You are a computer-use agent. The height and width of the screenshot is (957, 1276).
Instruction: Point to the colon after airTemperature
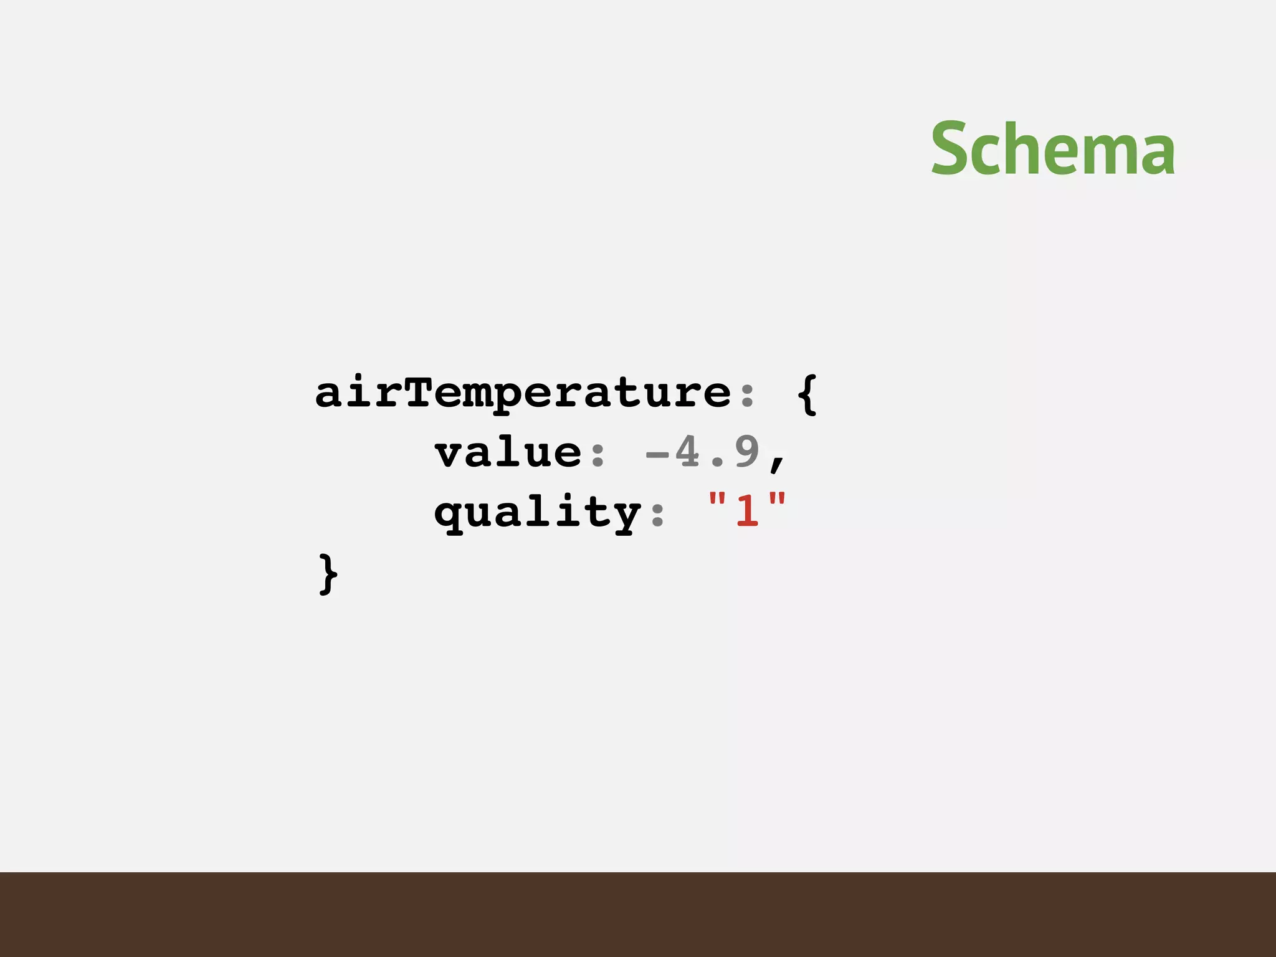click(747, 395)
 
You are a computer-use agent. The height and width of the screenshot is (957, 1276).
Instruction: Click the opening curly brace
click(807, 394)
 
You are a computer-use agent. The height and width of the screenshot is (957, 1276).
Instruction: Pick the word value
click(508, 452)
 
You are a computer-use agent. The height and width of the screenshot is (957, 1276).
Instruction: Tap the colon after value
click(598, 455)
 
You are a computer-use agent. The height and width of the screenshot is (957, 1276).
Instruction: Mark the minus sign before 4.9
click(657, 455)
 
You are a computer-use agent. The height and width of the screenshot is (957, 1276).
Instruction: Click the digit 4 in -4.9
click(687, 452)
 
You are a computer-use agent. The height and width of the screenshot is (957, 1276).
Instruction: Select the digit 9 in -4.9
click(746, 452)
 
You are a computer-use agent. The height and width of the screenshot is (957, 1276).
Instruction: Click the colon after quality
click(657, 515)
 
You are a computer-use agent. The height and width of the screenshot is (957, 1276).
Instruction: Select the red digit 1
click(747, 510)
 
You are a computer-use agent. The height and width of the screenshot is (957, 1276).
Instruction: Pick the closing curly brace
click(328, 574)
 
